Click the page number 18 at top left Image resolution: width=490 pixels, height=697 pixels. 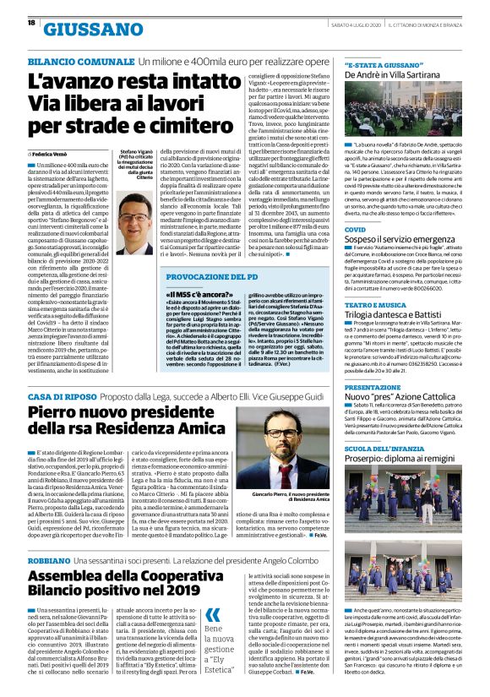point(19,24)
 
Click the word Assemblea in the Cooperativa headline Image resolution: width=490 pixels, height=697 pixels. point(79,579)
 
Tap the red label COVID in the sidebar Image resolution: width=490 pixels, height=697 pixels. point(355,228)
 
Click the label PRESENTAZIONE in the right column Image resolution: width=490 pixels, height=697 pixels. point(373,387)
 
